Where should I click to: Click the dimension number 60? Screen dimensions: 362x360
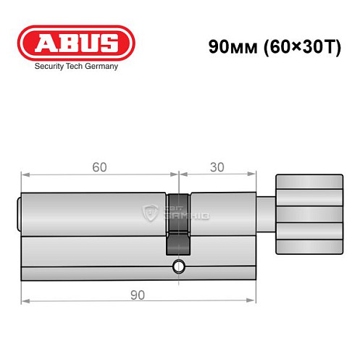[99, 167]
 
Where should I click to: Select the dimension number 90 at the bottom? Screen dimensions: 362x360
[138, 295]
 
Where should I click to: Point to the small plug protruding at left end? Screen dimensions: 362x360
[19, 214]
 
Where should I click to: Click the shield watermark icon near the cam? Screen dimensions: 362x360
[151, 212]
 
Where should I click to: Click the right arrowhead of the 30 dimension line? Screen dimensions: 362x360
[254, 174]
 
